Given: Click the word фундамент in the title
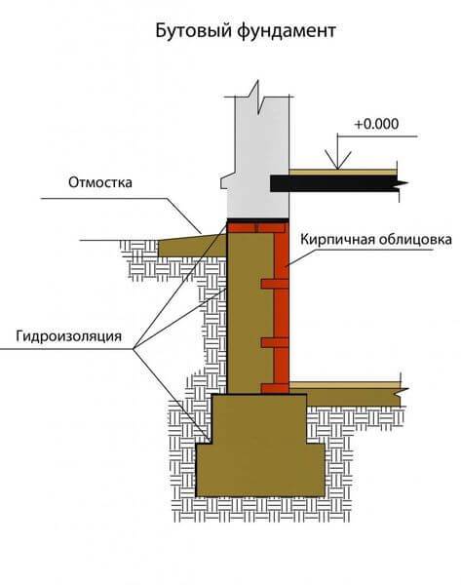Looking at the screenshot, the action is [287, 31].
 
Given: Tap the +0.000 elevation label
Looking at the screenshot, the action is [377, 124].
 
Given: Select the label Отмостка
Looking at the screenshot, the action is [100, 182].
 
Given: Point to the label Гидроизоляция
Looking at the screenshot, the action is [68, 336].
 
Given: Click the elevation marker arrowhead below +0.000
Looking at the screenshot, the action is [337, 160].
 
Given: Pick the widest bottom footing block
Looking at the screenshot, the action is [260, 470].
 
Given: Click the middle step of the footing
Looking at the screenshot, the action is [259, 418].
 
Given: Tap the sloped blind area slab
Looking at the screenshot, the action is [192, 246].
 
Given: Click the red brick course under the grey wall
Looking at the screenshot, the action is [258, 227].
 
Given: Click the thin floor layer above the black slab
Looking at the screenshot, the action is [343, 173].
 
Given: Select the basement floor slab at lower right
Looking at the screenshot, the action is [354, 398].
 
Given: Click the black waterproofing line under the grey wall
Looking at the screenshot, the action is [258, 220].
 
